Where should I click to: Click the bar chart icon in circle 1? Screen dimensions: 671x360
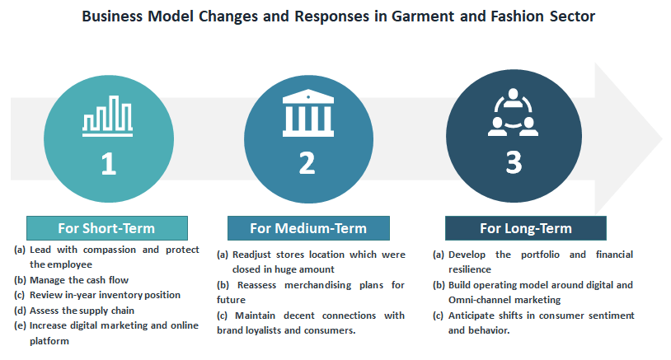tap(107, 116)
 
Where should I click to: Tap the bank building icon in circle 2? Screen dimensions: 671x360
tap(308, 113)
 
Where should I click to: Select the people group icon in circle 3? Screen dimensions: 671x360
tap(513, 112)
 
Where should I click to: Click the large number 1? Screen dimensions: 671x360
tap(109, 164)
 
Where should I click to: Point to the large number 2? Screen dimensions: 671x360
tap(307, 163)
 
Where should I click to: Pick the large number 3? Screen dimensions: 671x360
tap(514, 162)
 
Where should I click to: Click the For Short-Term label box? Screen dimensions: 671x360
tap(107, 228)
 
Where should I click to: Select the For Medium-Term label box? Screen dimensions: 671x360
tap(308, 228)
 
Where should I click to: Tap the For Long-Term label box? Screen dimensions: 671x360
tap(526, 228)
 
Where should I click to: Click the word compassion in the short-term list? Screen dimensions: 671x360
tap(109, 250)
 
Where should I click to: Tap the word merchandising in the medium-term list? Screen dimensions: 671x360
tap(317, 285)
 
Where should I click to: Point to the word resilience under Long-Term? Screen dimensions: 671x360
tap(469, 269)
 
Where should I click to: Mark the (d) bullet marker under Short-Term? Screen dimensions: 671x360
tap(20, 311)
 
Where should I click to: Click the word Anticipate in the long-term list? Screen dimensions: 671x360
tap(467, 316)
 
